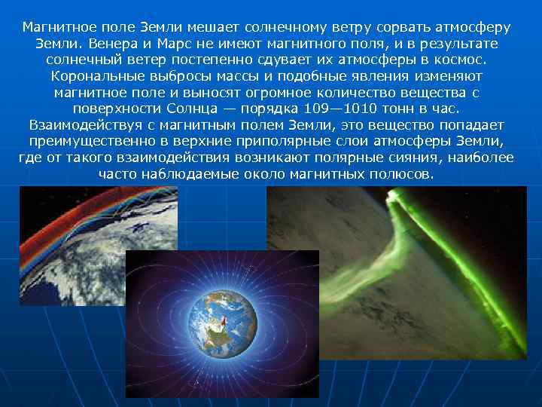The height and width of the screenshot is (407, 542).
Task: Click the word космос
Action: (461, 60)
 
